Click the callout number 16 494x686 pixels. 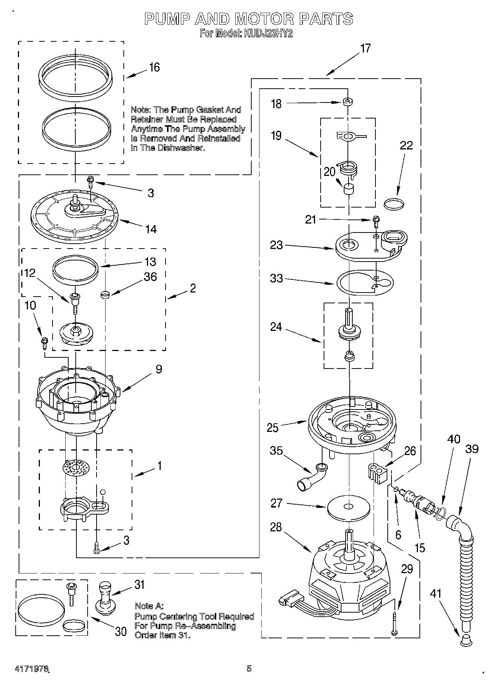click(x=154, y=67)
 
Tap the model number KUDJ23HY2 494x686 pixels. click(x=268, y=34)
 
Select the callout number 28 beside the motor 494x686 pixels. click(x=276, y=527)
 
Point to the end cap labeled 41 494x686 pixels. click(x=465, y=640)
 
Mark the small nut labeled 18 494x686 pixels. click(x=348, y=101)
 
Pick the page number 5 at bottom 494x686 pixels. click(x=249, y=668)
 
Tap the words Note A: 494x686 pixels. click(x=149, y=606)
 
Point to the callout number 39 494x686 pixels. click(x=472, y=449)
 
